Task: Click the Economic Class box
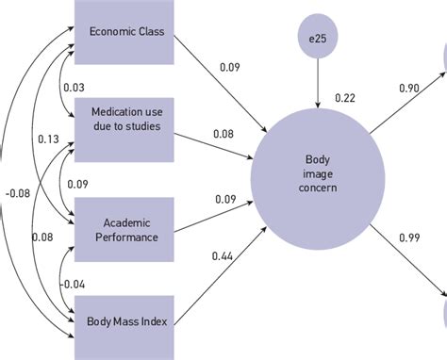pos(126,32)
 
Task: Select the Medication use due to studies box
pos(126,119)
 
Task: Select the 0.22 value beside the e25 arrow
pos(345,99)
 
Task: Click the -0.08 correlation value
pos(16,193)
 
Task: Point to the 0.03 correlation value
pos(73,87)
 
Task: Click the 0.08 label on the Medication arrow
pos(223,134)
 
